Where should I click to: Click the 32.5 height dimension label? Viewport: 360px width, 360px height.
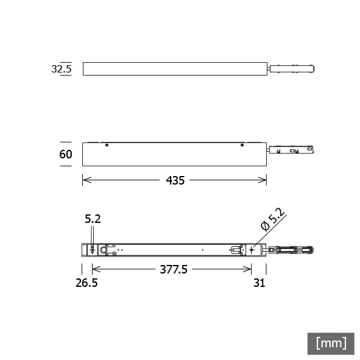(62, 69)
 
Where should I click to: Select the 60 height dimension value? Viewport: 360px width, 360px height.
(66, 154)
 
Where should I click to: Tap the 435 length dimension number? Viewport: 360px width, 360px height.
(175, 180)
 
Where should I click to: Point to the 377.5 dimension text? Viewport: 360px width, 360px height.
(174, 269)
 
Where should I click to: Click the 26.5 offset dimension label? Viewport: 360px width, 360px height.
(86, 283)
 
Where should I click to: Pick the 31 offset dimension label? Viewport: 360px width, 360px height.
(259, 283)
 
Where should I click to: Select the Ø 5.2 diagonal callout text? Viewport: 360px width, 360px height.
(273, 219)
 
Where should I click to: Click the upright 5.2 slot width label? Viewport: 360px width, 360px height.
(93, 219)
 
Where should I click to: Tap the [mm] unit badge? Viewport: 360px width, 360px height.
(331, 344)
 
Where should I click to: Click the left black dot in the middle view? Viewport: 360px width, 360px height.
(107, 145)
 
